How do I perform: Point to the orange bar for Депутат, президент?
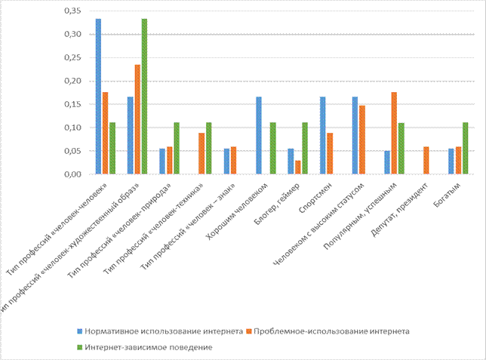tap(426, 160)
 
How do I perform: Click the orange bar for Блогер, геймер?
tap(297, 167)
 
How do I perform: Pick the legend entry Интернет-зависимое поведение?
tap(147, 346)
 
